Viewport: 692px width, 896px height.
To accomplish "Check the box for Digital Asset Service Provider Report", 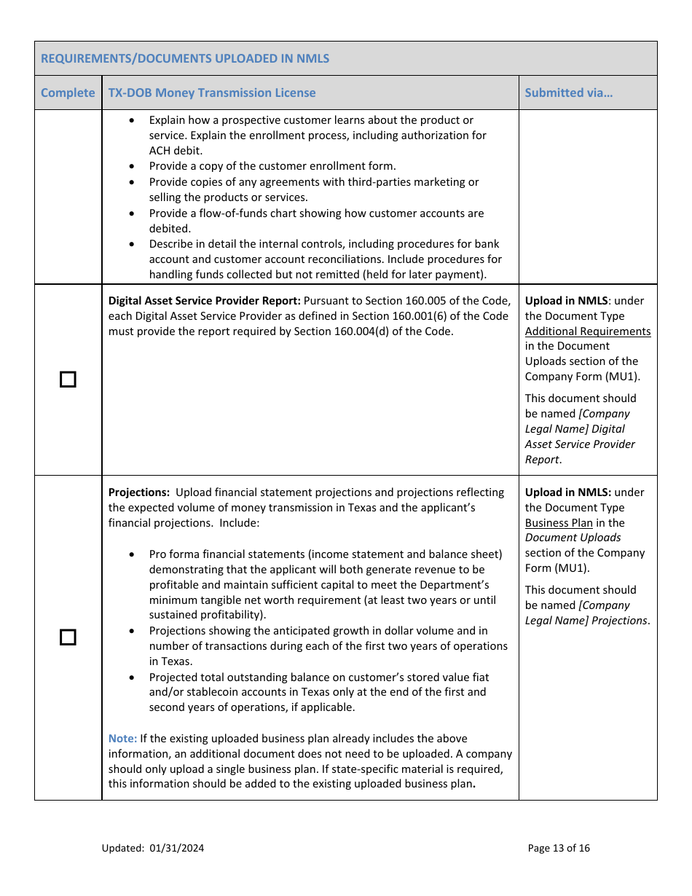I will click(x=68, y=380).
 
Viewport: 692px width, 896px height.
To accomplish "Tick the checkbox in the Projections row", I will click(x=68, y=637).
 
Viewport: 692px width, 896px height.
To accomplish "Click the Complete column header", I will click(x=68, y=93).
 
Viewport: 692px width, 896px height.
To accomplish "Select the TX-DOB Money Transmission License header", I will click(x=212, y=93).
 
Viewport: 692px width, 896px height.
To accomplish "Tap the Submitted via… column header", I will click(x=568, y=93).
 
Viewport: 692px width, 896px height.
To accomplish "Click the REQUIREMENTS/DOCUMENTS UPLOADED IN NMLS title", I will click(x=185, y=58).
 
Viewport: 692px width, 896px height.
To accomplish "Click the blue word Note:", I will click(x=122, y=739).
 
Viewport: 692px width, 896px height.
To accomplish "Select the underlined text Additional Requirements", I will click(x=588, y=331).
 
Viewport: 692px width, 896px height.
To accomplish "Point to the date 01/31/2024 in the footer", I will click(x=177, y=848).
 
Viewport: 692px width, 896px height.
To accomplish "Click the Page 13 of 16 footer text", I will click(x=559, y=848).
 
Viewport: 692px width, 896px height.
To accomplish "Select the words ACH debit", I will click(x=176, y=151).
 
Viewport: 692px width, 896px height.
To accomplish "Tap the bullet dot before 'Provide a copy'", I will click(x=132, y=167).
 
